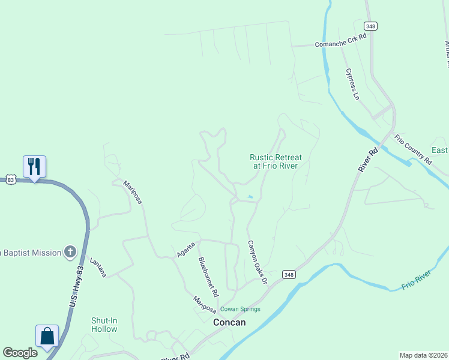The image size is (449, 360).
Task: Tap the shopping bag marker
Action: point(47,336)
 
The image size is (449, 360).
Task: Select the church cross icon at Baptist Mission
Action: point(70,252)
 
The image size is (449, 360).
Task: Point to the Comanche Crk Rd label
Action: point(341,44)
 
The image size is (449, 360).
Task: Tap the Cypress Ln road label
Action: point(352,84)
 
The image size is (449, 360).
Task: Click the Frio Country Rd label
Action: point(413,150)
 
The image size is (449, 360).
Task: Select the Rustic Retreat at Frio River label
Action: point(276,161)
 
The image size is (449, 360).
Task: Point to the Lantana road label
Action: point(98,267)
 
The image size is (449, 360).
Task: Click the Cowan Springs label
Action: point(240,309)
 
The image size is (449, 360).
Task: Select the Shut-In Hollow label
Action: point(104,325)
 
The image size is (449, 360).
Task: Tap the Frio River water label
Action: point(417,281)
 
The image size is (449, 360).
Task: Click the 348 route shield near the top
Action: point(370,25)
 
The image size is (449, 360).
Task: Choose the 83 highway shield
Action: point(10,179)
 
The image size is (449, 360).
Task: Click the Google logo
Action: point(20,353)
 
